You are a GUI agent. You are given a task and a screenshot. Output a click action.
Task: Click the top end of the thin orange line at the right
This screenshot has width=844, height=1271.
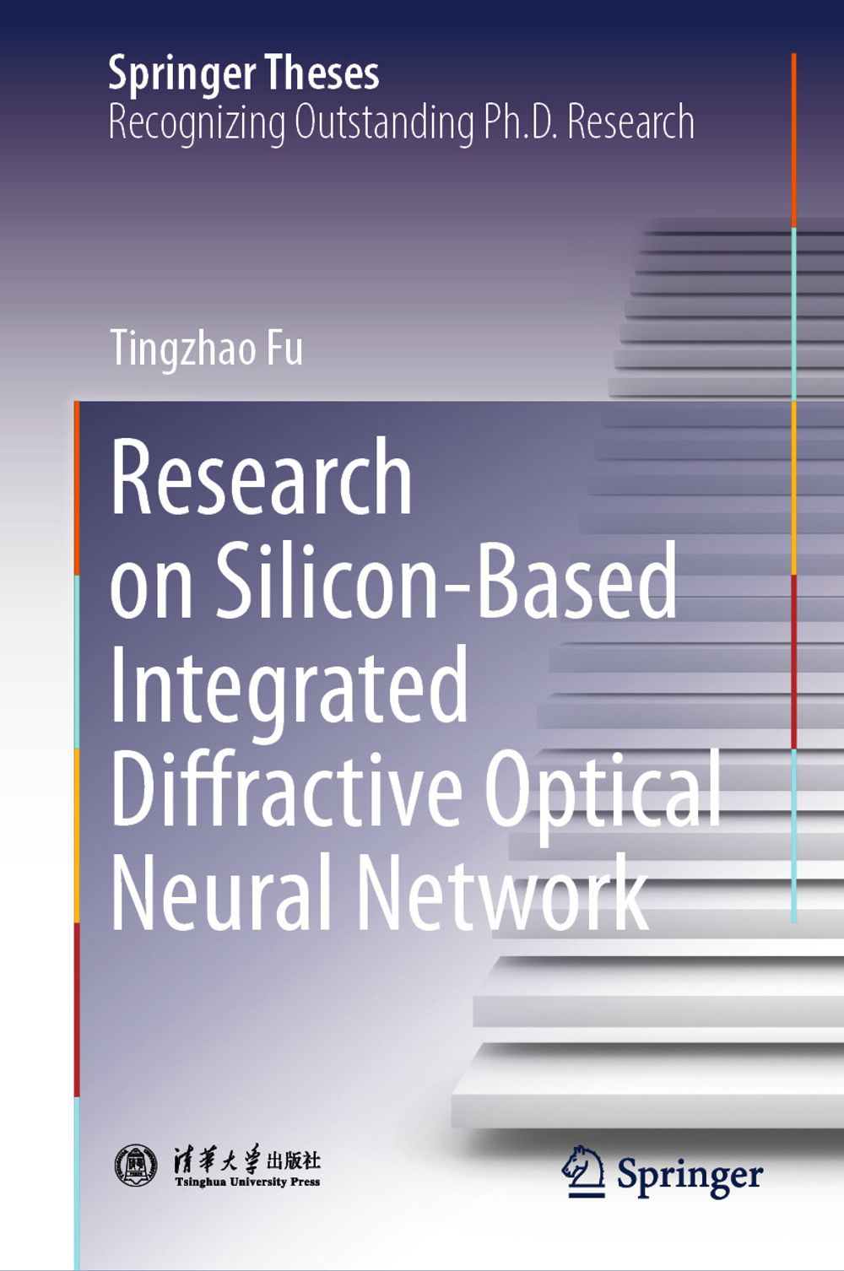(793, 54)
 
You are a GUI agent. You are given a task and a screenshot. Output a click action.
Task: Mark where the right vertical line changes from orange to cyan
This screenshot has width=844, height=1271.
(793, 228)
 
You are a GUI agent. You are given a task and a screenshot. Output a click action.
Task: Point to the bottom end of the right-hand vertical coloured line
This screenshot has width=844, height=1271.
(793, 922)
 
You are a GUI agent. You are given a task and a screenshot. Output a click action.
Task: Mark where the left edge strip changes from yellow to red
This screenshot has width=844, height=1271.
(77, 923)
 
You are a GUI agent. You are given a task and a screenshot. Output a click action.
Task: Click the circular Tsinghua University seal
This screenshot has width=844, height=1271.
(136, 1165)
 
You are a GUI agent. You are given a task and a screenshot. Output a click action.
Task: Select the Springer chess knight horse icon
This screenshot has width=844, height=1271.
(582, 1171)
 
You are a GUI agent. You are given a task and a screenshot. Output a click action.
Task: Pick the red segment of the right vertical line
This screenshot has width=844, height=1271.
(793, 662)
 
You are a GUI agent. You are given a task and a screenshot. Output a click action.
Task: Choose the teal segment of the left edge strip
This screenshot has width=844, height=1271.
(77, 662)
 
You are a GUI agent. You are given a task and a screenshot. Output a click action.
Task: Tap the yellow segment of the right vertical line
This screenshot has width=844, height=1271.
(793, 488)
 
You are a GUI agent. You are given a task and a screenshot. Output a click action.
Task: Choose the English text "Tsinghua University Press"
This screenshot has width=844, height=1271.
(247, 1182)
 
